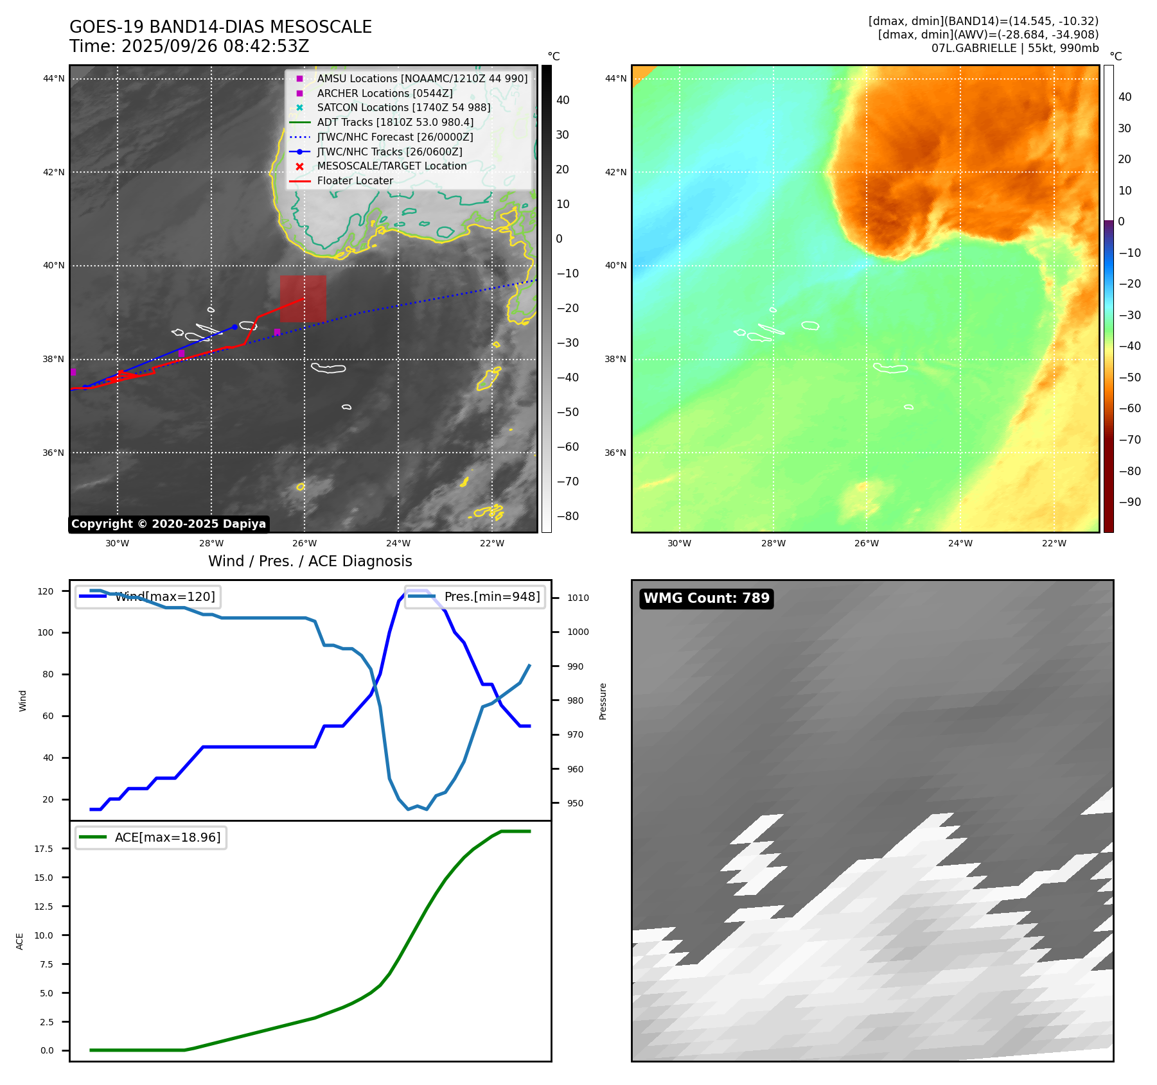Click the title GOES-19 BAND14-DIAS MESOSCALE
220,27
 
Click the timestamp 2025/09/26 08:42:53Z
215,46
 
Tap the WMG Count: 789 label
706,598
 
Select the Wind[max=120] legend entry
164,596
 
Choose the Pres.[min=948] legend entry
492,596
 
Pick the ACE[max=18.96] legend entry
167,837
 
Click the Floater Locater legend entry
355,180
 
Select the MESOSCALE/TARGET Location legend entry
391,166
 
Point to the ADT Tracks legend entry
394,122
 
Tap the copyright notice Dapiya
168,524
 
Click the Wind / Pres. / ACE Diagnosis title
310,561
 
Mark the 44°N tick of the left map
54,79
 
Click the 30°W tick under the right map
679,543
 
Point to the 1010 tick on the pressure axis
578,598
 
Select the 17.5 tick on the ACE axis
44,849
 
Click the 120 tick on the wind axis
46,591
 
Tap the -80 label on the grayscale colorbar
567,516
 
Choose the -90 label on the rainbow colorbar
1129,502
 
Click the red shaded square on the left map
303,299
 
